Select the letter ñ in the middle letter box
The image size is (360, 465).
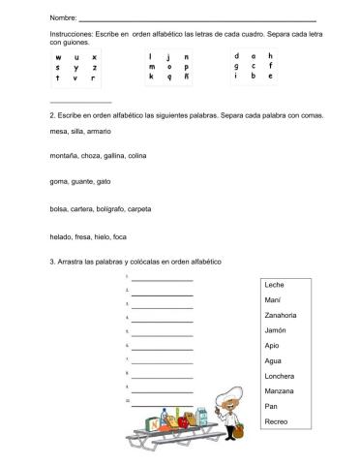pyautogui.click(x=185, y=77)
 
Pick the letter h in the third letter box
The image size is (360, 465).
pyautogui.click(x=271, y=55)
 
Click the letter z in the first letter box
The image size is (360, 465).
pyautogui.click(x=95, y=68)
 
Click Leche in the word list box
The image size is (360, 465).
pyautogui.click(x=274, y=285)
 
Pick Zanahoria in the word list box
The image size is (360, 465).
pyautogui.click(x=281, y=315)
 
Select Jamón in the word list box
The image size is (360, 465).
pyautogui.click(x=276, y=330)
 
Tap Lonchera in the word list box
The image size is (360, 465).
pyautogui.click(x=280, y=375)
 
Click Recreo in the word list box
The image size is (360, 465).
pyautogui.click(x=276, y=420)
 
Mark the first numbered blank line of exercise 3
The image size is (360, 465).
pyautogui.click(x=162, y=280)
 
